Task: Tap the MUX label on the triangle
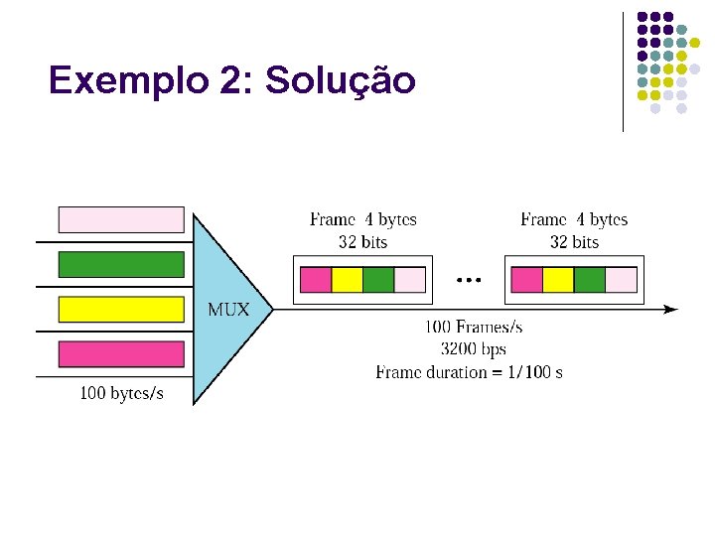(228, 310)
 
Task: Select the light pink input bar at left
(121, 219)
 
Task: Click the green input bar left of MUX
(121, 264)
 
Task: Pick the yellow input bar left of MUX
(121, 310)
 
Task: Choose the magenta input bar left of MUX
(121, 354)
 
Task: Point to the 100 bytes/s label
(121, 394)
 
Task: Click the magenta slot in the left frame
(316, 280)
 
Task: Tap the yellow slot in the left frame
(347, 280)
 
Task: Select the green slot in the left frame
(378, 280)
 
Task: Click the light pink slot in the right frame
(621, 280)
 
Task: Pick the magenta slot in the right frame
(526, 280)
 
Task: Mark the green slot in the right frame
(589, 280)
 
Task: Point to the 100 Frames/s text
(474, 327)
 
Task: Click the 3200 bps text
(474, 349)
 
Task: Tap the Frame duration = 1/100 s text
(469, 372)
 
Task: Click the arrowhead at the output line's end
(671, 310)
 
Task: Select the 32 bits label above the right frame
(574, 242)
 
